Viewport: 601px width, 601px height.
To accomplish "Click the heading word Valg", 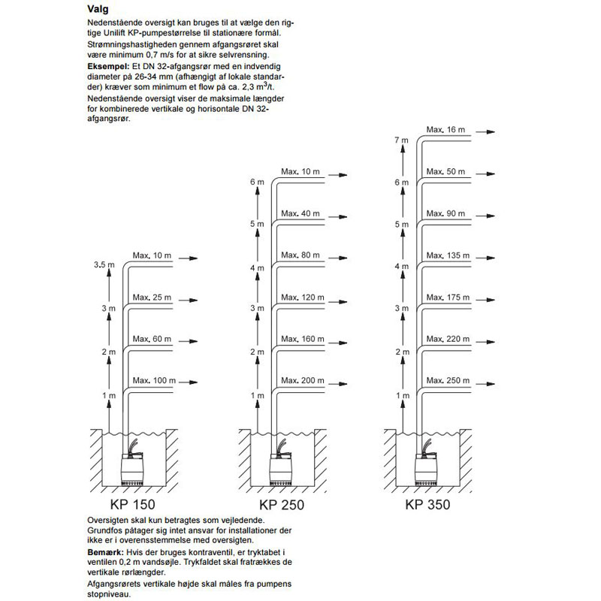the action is (98, 10).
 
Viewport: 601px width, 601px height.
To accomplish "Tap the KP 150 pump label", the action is (133, 504).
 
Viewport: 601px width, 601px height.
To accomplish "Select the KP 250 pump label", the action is (282, 505).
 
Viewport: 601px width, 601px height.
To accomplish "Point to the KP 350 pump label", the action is (427, 504).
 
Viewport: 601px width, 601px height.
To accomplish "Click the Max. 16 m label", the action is (445, 130).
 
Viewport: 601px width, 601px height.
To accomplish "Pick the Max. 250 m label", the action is (448, 381).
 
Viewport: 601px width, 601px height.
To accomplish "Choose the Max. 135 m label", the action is (448, 255).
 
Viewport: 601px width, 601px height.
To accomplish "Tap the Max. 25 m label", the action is (152, 297).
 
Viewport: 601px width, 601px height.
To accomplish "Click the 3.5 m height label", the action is (104, 265).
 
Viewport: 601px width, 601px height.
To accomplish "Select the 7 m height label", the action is (401, 140).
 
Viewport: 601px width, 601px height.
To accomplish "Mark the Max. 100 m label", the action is (154, 381).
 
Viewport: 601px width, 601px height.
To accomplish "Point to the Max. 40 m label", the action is (300, 213).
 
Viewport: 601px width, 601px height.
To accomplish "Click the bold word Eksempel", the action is (108, 67).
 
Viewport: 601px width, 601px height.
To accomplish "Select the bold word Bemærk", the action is (106, 552).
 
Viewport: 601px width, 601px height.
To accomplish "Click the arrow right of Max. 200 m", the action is (337, 384).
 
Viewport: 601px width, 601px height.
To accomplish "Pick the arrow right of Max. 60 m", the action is (189, 342).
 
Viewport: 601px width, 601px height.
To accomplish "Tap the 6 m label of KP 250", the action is (257, 182).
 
